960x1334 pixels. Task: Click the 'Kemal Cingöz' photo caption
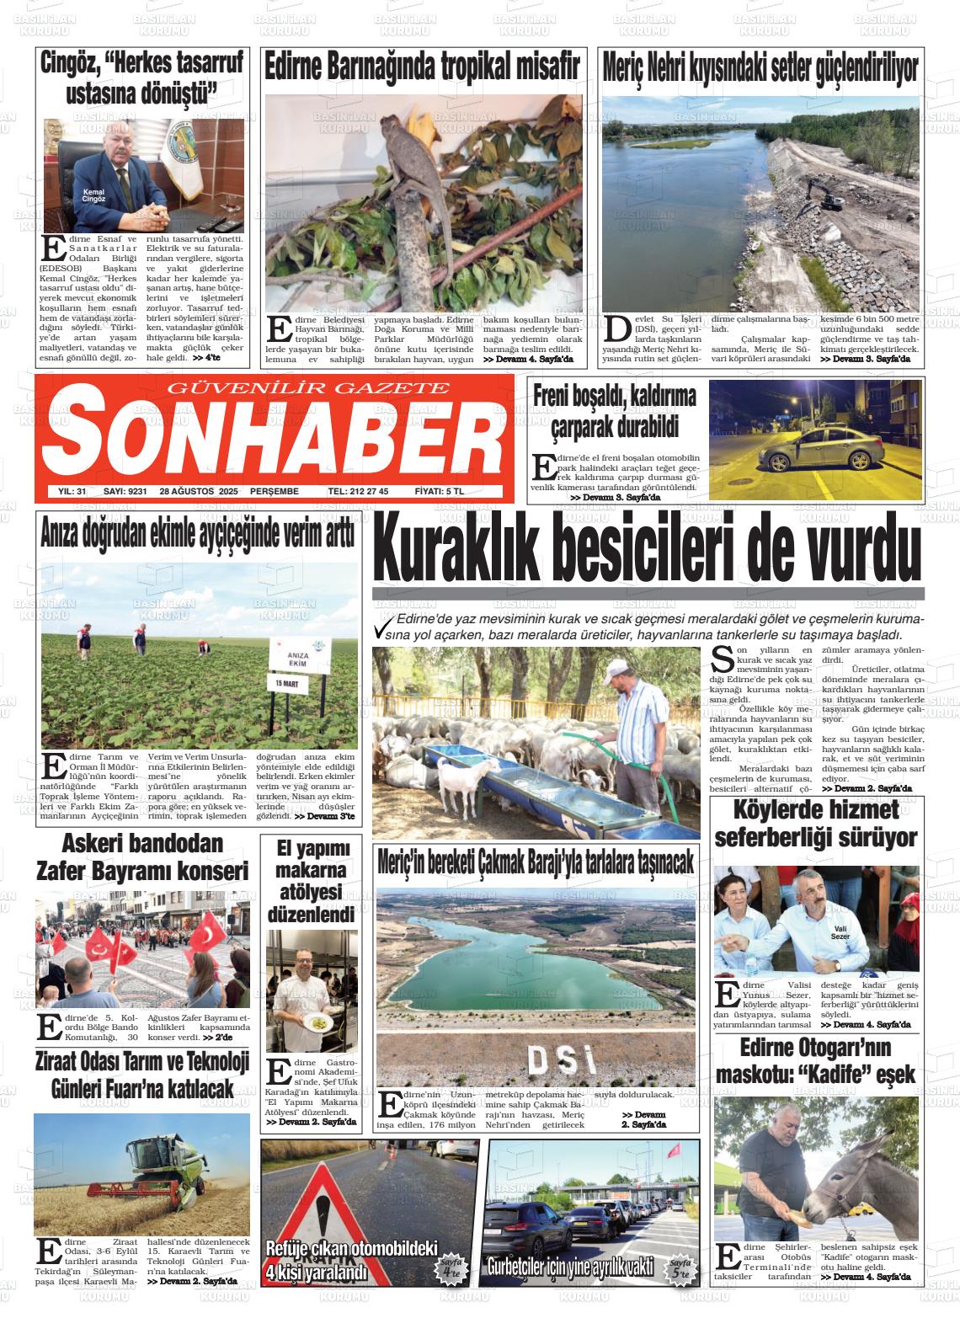(94, 195)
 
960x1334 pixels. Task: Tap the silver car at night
(817, 451)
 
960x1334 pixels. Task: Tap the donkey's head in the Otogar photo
(834, 1194)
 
